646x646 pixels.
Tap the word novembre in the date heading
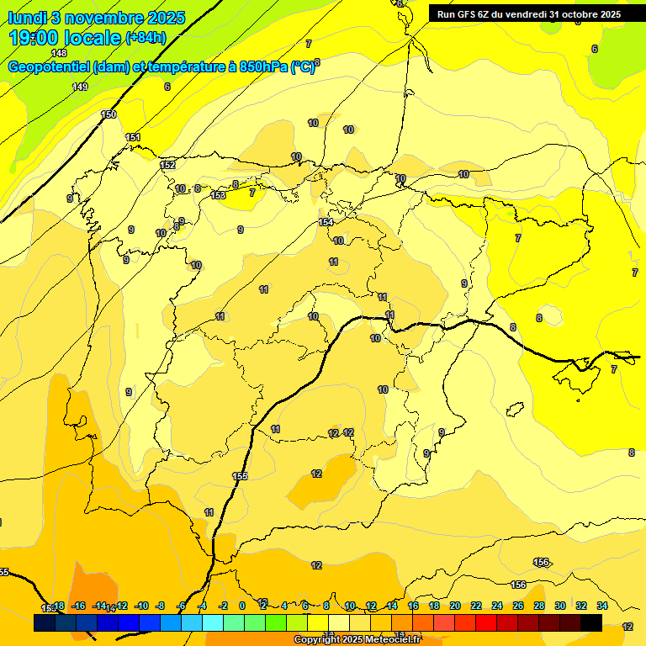(x=101, y=17)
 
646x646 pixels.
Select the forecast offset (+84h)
(x=146, y=38)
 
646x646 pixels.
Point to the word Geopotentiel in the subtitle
(x=50, y=67)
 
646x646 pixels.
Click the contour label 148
(x=59, y=53)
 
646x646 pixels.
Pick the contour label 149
(x=80, y=87)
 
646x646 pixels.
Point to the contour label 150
(x=109, y=114)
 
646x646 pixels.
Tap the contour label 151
(x=133, y=137)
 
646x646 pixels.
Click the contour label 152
(x=168, y=165)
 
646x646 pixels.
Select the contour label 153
(x=218, y=195)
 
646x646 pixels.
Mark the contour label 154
(x=326, y=222)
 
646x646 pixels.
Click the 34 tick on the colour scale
(x=602, y=606)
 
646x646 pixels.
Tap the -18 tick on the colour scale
(x=57, y=606)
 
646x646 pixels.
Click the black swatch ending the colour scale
(x=591, y=622)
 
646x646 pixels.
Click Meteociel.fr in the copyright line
(x=390, y=640)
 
